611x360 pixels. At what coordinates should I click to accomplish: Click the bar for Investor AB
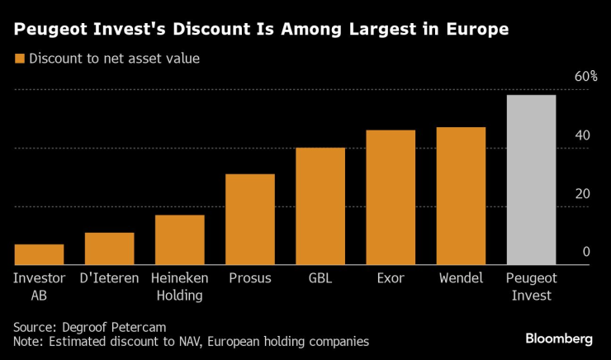pyautogui.click(x=39, y=254)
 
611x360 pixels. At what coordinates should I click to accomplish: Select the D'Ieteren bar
pyautogui.click(x=110, y=249)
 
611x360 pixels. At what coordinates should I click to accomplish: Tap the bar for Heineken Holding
pyautogui.click(x=180, y=239)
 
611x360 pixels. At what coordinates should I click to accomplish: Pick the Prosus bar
pyautogui.click(x=250, y=220)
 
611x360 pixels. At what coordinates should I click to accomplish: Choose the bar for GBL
pyautogui.click(x=320, y=206)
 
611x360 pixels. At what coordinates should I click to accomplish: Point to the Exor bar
pyautogui.click(x=391, y=197)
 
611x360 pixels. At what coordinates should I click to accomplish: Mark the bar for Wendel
pyautogui.click(x=461, y=196)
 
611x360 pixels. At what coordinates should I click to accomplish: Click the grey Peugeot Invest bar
pyautogui.click(x=531, y=180)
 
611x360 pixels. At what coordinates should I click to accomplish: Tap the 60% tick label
pyautogui.click(x=585, y=77)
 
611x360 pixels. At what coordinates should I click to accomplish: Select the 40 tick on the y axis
pyautogui.click(x=582, y=135)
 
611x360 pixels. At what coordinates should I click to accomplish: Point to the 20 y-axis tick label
pyautogui.click(x=582, y=194)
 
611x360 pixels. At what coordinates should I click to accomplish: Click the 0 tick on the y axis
pyautogui.click(x=585, y=252)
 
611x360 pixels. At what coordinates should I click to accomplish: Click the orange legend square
pyautogui.click(x=19, y=59)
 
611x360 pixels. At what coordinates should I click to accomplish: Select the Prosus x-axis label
pyautogui.click(x=250, y=278)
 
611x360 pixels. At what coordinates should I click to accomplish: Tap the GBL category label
pyautogui.click(x=320, y=278)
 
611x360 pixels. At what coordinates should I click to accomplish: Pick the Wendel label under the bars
pyautogui.click(x=461, y=278)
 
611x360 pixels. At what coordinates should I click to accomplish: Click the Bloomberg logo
pyautogui.click(x=559, y=339)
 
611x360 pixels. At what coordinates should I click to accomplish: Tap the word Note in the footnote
pyautogui.click(x=27, y=341)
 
